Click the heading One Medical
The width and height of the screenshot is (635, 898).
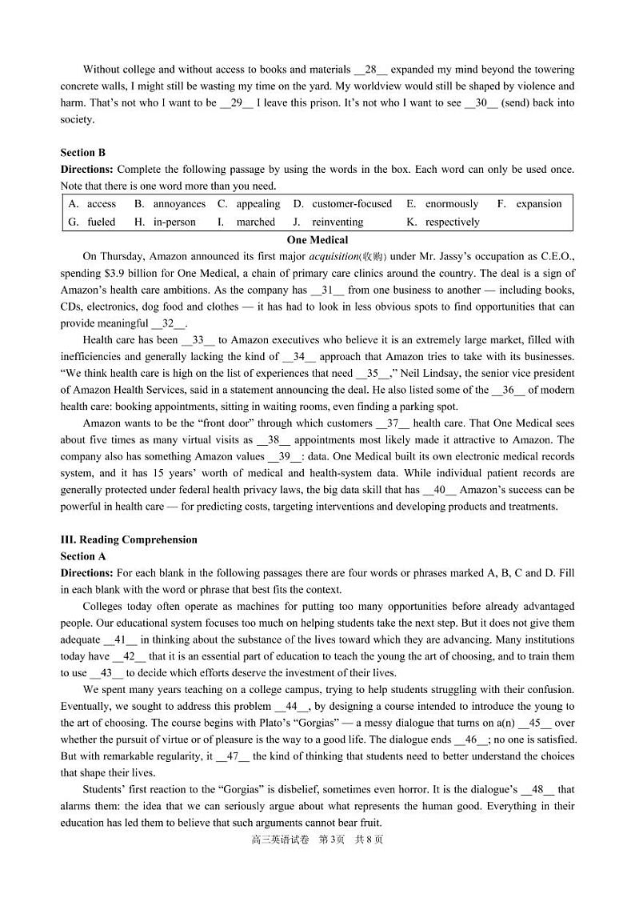tap(317, 239)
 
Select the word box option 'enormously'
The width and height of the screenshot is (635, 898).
tap(451, 204)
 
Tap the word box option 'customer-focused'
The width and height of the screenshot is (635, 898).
tap(352, 204)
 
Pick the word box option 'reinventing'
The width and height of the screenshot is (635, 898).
tap(337, 222)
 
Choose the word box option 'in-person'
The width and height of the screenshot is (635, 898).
tap(174, 222)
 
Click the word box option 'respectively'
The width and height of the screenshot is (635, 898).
tap(452, 222)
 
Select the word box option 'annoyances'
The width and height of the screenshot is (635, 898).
tap(179, 204)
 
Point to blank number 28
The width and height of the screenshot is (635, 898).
tap(371, 70)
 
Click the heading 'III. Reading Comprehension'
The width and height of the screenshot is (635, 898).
tap(129, 539)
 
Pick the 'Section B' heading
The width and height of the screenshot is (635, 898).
tap(83, 152)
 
